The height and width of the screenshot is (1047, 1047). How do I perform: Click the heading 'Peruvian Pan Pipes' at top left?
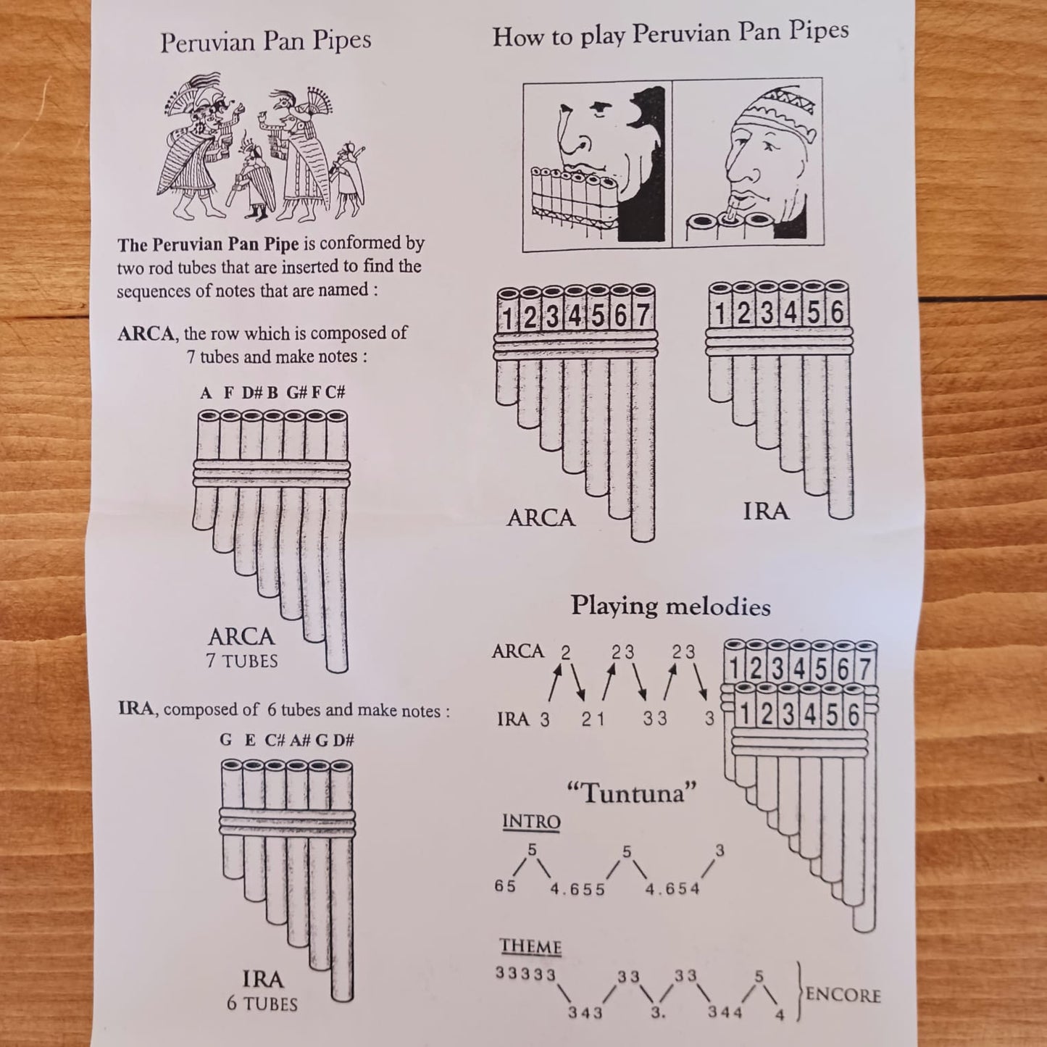click(265, 41)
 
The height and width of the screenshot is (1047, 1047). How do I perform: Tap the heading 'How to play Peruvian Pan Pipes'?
click(670, 33)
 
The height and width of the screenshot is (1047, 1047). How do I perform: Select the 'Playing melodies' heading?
click(670, 606)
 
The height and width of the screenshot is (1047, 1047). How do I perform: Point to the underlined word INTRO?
click(531, 822)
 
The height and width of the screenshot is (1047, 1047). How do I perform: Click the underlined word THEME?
click(530, 947)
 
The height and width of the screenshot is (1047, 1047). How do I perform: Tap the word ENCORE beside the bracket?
click(843, 995)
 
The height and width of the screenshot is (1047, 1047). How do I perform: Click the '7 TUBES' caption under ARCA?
click(242, 661)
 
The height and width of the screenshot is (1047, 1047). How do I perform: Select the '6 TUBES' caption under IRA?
click(262, 1004)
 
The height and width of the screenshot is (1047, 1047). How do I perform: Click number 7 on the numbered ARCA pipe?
click(642, 317)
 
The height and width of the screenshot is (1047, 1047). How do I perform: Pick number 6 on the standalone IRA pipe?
click(837, 313)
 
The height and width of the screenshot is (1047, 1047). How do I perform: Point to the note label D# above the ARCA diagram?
click(251, 393)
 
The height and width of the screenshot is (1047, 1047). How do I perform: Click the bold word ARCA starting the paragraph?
click(146, 334)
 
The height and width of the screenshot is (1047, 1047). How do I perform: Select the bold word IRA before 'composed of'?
click(135, 709)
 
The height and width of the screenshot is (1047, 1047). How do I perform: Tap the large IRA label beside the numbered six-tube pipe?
click(765, 512)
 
